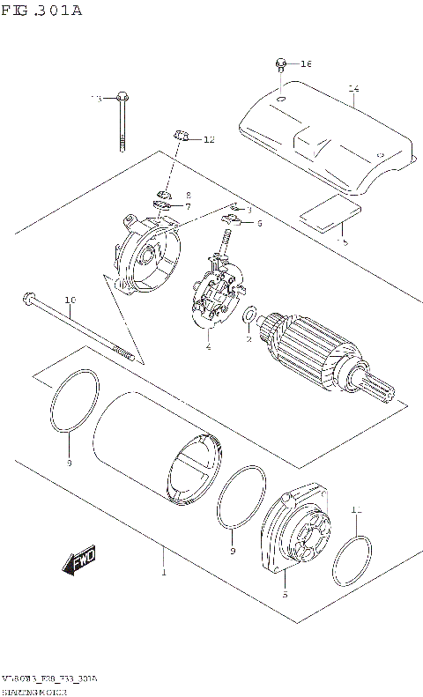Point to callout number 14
353,88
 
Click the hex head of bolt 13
121,97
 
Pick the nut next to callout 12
180,136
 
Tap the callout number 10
70,300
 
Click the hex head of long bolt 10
28,300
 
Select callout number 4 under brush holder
208,347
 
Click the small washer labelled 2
249,315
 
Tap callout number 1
163,574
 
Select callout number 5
284,596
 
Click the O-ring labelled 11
351,561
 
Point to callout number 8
188,195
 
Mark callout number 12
209,140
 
